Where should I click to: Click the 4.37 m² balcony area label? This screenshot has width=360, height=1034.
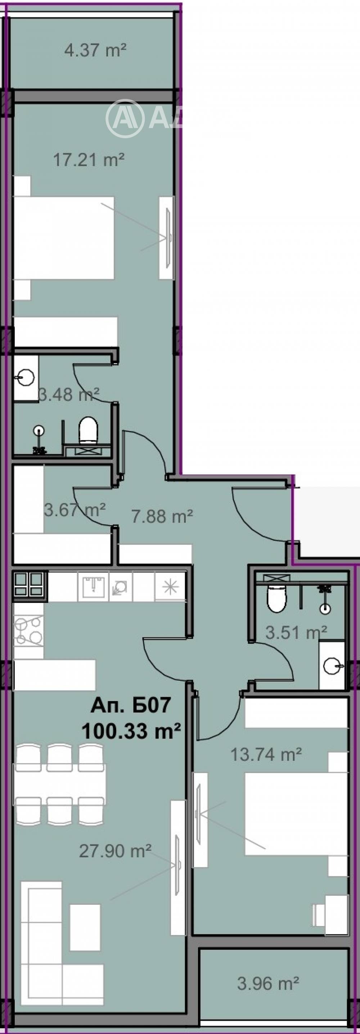click(95, 51)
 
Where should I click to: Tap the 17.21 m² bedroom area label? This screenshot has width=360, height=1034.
click(89, 160)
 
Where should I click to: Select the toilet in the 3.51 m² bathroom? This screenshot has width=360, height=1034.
click(276, 599)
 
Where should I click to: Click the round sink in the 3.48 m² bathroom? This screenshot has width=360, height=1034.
click(26, 377)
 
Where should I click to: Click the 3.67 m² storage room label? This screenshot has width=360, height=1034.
click(75, 510)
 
